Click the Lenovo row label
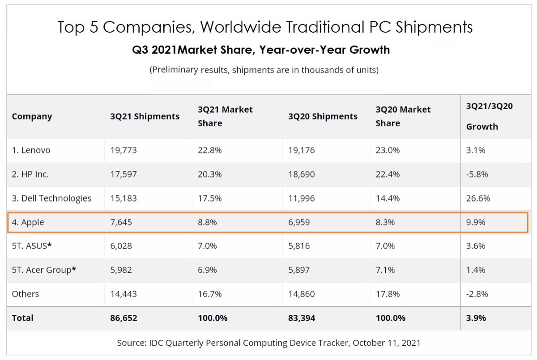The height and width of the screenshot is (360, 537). (31, 150)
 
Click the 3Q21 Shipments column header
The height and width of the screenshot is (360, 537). (145, 116)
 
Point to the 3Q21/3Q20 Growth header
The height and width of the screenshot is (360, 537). (489, 116)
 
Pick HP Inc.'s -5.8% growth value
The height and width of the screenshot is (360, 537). (477, 174)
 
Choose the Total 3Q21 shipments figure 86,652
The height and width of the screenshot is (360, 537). (124, 318)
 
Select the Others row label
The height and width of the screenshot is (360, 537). (25, 294)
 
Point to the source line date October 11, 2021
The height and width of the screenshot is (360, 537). (387, 343)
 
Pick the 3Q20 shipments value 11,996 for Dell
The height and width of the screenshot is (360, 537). (301, 198)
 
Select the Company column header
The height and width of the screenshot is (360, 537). (32, 116)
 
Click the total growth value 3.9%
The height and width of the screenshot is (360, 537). (476, 318)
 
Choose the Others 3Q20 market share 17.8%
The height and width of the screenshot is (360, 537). (388, 294)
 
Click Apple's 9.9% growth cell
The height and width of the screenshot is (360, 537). (476, 222)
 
